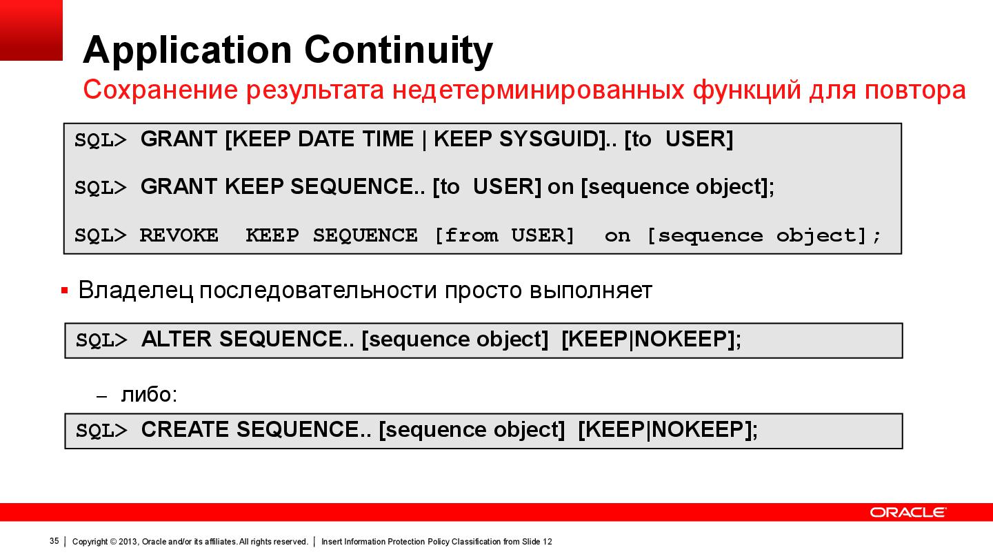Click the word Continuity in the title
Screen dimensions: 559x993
pyautogui.click(x=398, y=50)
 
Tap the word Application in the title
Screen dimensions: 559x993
pyautogui.click(x=187, y=50)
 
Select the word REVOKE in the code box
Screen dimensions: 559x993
pyautogui.click(x=179, y=235)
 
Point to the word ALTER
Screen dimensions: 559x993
pyautogui.click(x=177, y=340)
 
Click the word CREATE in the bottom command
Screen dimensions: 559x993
pyautogui.click(x=185, y=430)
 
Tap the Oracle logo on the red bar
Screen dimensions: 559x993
pyautogui.click(x=907, y=512)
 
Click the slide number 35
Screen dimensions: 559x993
pyautogui.click(x=54, y=541)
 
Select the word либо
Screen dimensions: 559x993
pyautogui.click(x=146, y=395)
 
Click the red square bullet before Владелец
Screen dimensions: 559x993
pyautogui.click(x=65, y=291)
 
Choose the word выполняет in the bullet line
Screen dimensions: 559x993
pyautogui.click(x=590, y=291)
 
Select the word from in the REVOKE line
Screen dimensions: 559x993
pyautogui.click(x=472, y=235)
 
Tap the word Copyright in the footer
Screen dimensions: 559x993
pyautogui.click(x=90, y=542)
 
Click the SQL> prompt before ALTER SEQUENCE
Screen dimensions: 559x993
pyautogui.click(x=101, y=340)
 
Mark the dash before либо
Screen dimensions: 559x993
pyautogui.click(x=102, y=397)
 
